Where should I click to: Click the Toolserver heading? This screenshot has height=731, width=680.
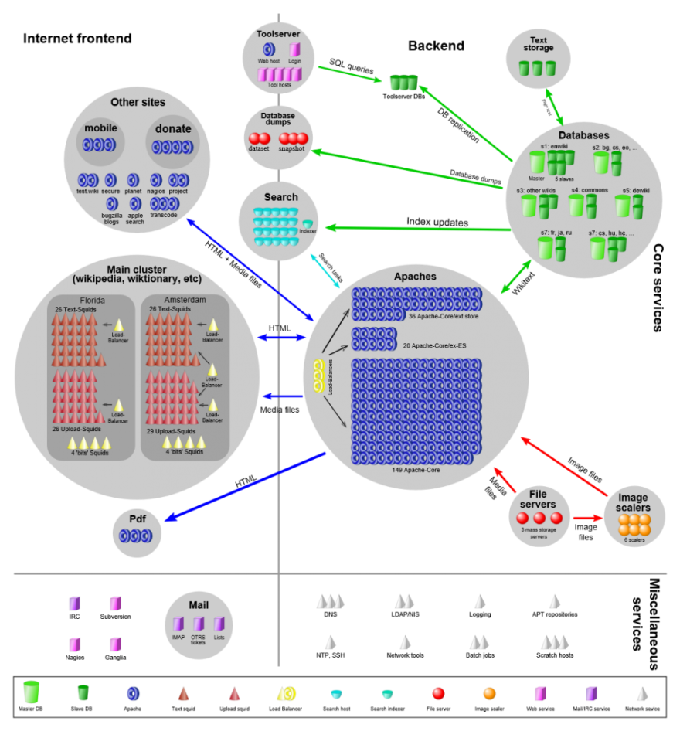click(278, 34)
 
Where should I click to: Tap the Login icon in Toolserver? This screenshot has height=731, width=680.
click(295, 49)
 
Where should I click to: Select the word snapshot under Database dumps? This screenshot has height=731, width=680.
click(291, 149)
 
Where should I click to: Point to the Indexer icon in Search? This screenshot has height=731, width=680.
click(308, 223)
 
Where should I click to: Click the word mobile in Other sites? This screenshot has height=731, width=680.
click(100, 128)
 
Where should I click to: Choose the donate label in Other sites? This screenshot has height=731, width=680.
click(172, 129)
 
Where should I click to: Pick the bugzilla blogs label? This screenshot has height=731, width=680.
click(111, 218)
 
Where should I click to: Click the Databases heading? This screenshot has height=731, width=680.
click(584, 135)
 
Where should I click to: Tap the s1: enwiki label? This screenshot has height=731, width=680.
click(554, 147)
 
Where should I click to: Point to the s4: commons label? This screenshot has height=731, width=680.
click(590, 190)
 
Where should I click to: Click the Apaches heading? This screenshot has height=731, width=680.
click(415, 277)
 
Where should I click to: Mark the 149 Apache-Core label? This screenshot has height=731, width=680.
click(416, 469)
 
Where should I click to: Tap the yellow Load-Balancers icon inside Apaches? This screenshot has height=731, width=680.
click(318, 376)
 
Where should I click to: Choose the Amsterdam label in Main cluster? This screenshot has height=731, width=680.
click(185, 300)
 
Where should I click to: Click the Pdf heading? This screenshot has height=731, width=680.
click(138, 518)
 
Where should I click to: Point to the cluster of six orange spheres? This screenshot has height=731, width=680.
click(634, 525)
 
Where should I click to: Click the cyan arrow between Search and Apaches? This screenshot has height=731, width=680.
click(324, 271)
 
